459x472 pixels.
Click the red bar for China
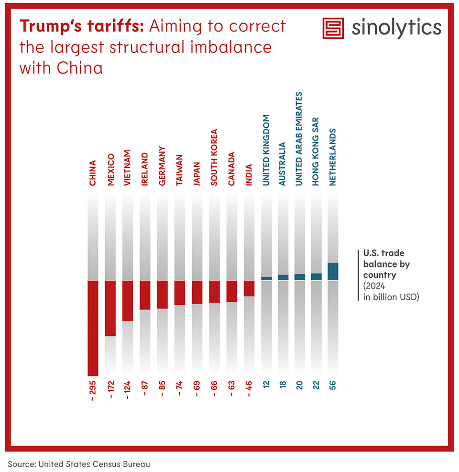coord(93,328)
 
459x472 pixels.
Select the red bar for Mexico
coord(110,308)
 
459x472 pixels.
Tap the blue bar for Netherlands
coord(333,271)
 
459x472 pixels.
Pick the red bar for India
coord(249,288)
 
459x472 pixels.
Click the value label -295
coord(93,391)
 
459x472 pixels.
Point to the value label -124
coord(128,391)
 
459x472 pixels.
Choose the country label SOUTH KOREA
coord(214,157)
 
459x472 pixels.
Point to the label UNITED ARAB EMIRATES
coord(299,139)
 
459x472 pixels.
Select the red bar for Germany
coord(163,294)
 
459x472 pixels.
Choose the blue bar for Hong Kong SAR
coord(316,276)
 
